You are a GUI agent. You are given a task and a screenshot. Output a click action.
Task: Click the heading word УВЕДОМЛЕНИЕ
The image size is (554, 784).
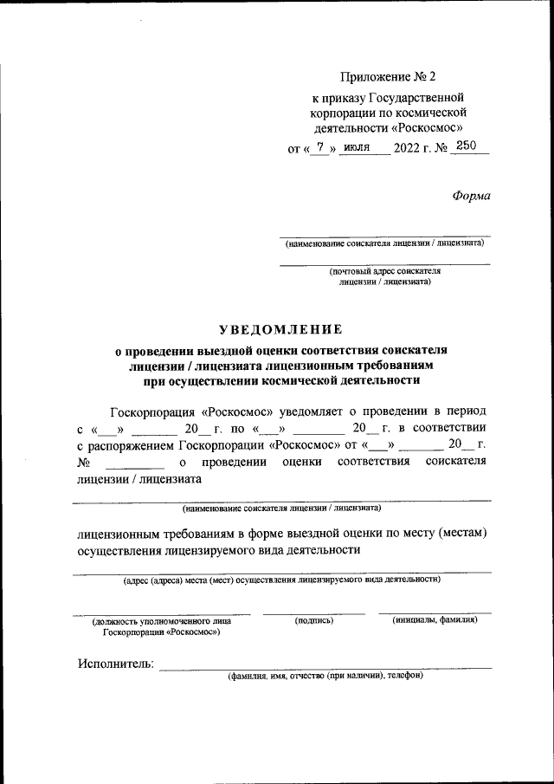pos(280,328)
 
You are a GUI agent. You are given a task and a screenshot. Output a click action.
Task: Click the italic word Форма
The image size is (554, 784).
pos(471,196)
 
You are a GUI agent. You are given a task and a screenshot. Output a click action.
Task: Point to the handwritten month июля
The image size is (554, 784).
pos(356,147)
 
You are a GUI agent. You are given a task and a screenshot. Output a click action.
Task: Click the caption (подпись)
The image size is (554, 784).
pos(313,621)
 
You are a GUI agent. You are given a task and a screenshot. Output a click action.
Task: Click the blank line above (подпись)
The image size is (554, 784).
pos(313,613)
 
